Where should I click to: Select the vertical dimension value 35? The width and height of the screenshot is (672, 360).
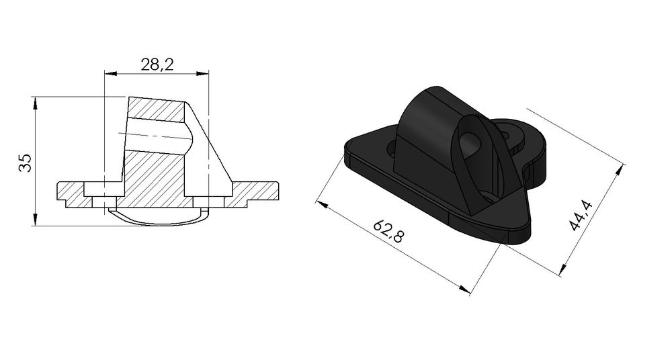pyautogui.click(x=25, y=163)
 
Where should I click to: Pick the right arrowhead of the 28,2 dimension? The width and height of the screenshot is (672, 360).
pyautogui.click(x=205, y=73)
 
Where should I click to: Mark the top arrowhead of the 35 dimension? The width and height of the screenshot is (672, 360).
pyautogui.click(x=34, y=101)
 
